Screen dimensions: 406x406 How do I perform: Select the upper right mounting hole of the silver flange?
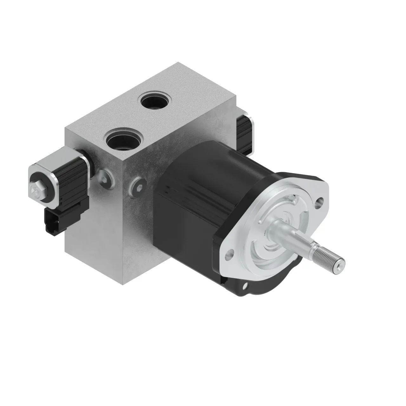coord(321,200)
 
